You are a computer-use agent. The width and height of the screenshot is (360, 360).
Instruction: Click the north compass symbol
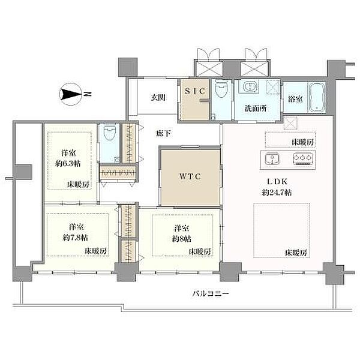pyautogui.click(x=71, y=94)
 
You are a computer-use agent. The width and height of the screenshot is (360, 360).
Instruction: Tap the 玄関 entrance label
pyautogui.click(x=158, y=98)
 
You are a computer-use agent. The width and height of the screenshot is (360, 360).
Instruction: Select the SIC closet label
pyautogui.click(x=195, y=91)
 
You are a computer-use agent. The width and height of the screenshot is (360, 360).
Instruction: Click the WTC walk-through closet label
pyautogui.click(x=190, y=176)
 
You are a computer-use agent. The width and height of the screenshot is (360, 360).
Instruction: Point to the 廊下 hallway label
pyautogui.click(x=163, y=133)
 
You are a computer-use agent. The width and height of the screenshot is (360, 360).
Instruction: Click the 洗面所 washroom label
pyautogui.click(x=256, y=108)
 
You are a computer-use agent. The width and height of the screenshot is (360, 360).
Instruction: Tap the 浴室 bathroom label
pyautogui.click(x=295, y=99)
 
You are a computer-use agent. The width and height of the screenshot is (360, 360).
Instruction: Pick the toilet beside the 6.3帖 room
pyautogui.click(x=110, y=132)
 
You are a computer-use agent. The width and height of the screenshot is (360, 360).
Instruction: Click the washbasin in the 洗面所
pyautogui.click(x=249, y=87)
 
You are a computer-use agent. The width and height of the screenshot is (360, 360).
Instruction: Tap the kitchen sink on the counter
pyautogui.click(x=272, y=159)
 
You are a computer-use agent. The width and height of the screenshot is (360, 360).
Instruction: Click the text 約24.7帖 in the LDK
pyautogui.click(x=277, y=193)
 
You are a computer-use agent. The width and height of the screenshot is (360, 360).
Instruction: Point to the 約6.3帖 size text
pyautogui.click(x=68, y=163)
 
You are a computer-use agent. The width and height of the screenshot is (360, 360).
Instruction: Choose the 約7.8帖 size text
pyautogui.click(x=76, y=238)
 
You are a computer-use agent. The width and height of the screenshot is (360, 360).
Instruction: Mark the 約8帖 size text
pyautogui.click(x=182, y=239)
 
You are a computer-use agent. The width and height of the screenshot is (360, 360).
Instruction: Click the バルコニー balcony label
pyautogui.click(x=211, y=293)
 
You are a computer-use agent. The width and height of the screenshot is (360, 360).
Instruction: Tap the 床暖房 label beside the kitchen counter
pyautogui.click(x=302, y=142)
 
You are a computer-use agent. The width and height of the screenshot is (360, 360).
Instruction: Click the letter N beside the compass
pyautogui.click(x=87, y=94)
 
